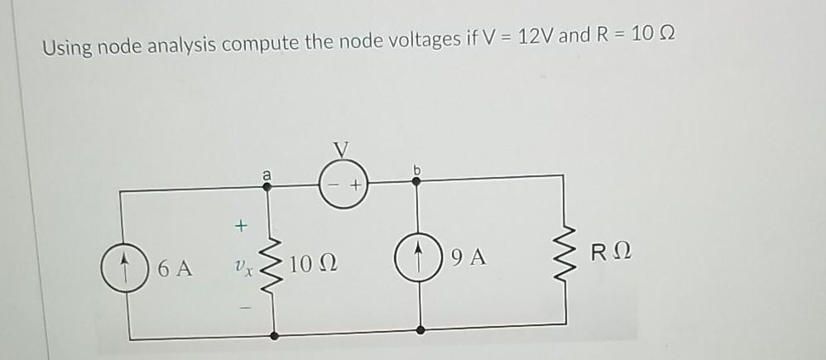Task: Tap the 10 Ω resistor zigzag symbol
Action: [x=275, y=265]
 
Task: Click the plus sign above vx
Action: [x=241, y=224]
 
